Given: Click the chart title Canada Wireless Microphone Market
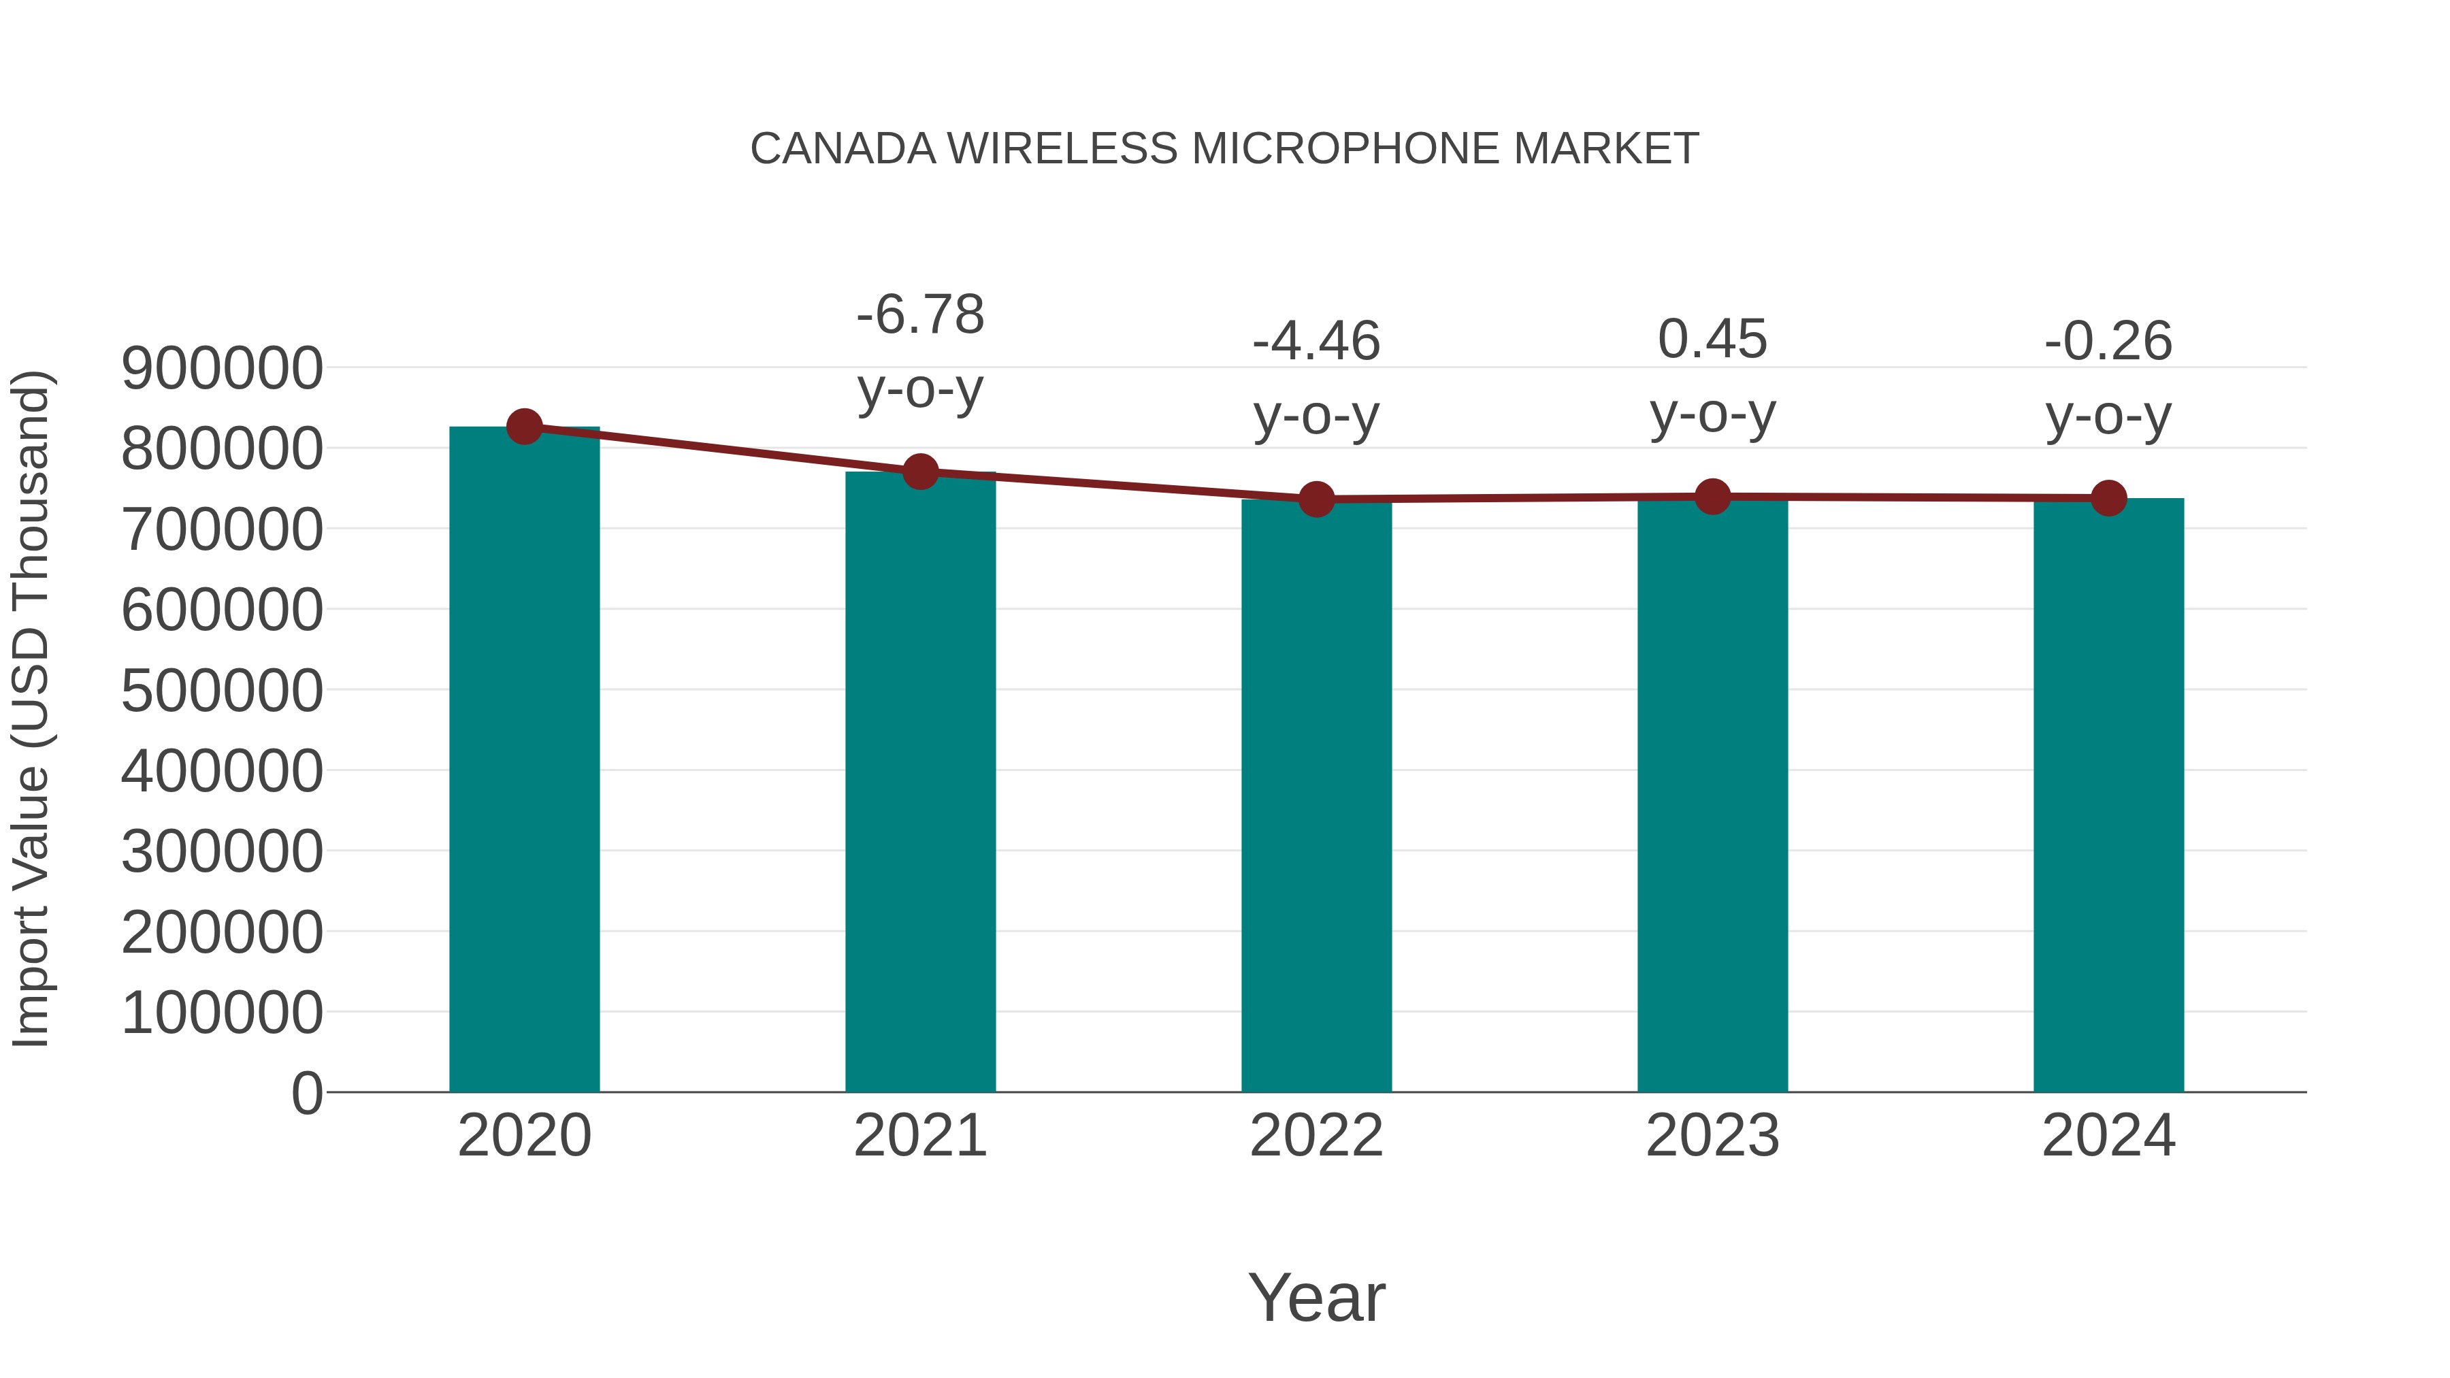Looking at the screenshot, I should [x=1224, y=149].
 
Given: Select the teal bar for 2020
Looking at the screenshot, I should [x=524, y=761].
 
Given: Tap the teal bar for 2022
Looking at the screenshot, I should [x=1316, y=799].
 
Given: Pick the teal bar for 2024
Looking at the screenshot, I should [x=2108, y=799].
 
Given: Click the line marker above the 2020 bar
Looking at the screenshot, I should [x=524, y=426].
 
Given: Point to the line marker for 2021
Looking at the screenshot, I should [x=919, y=471].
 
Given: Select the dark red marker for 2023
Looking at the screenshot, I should [x=1712, y=497].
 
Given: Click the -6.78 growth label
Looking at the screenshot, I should [x=919, y=315].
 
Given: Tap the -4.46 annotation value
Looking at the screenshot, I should [x=1316, y=342].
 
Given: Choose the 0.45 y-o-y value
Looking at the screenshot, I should [x=1712, y=340].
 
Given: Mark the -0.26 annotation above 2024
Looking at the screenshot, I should [x=2108, y=342].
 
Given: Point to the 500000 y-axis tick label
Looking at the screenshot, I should [x=222, y=691].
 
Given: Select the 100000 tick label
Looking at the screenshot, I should [x=222, y=1014].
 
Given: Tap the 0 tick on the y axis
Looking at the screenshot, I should [x=306, y=1094].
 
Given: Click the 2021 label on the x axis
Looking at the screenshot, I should [x=919, y=1136].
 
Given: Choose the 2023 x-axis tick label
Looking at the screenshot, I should [x=1712, y=1136].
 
